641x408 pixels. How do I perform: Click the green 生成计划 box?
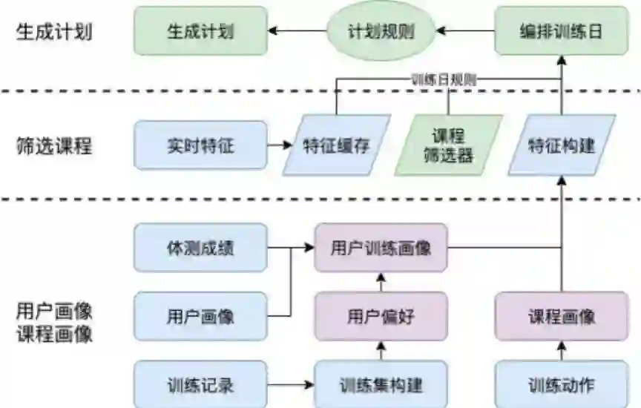pyautogui.click(x=200, y=31)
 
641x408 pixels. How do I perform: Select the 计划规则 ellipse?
pyautogui.click(x=381, y=31)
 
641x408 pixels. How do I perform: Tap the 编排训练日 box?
pyautogui.click(x=560, y=31)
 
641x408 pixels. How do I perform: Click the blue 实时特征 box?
pyautogui.click(x=200, y=145)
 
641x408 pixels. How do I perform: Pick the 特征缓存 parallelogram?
pyautogui.click(x=336, y=145)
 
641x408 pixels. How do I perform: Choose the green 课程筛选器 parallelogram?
pyautogui.click(x=448, y=145)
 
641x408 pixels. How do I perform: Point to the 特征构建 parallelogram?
pyautogui.click(x=561, y=145)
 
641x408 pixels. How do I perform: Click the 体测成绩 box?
pyautogui.click(x=200, y=248)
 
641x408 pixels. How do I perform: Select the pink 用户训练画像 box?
pyautogui.click(x=381, y=248)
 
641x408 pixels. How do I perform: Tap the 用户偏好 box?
pyautogui.click(x=381, y=317)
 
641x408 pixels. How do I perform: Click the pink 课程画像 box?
pyautogui.click(x=562, y=317)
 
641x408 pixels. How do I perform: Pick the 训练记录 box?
pyautogui.click(x=200, y=385)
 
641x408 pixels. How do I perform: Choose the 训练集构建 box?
pyautogui.click(x=381, y=385)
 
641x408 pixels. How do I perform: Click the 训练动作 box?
pyautogui.click(x=562, y=385)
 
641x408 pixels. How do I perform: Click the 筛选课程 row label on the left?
pyautogui.click(x=53, y=145)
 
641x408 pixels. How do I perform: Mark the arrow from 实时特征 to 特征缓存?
pyautogui.click(x=279, y=145)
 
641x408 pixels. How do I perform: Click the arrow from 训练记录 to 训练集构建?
pyautogui.click(x=290, y=385)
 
